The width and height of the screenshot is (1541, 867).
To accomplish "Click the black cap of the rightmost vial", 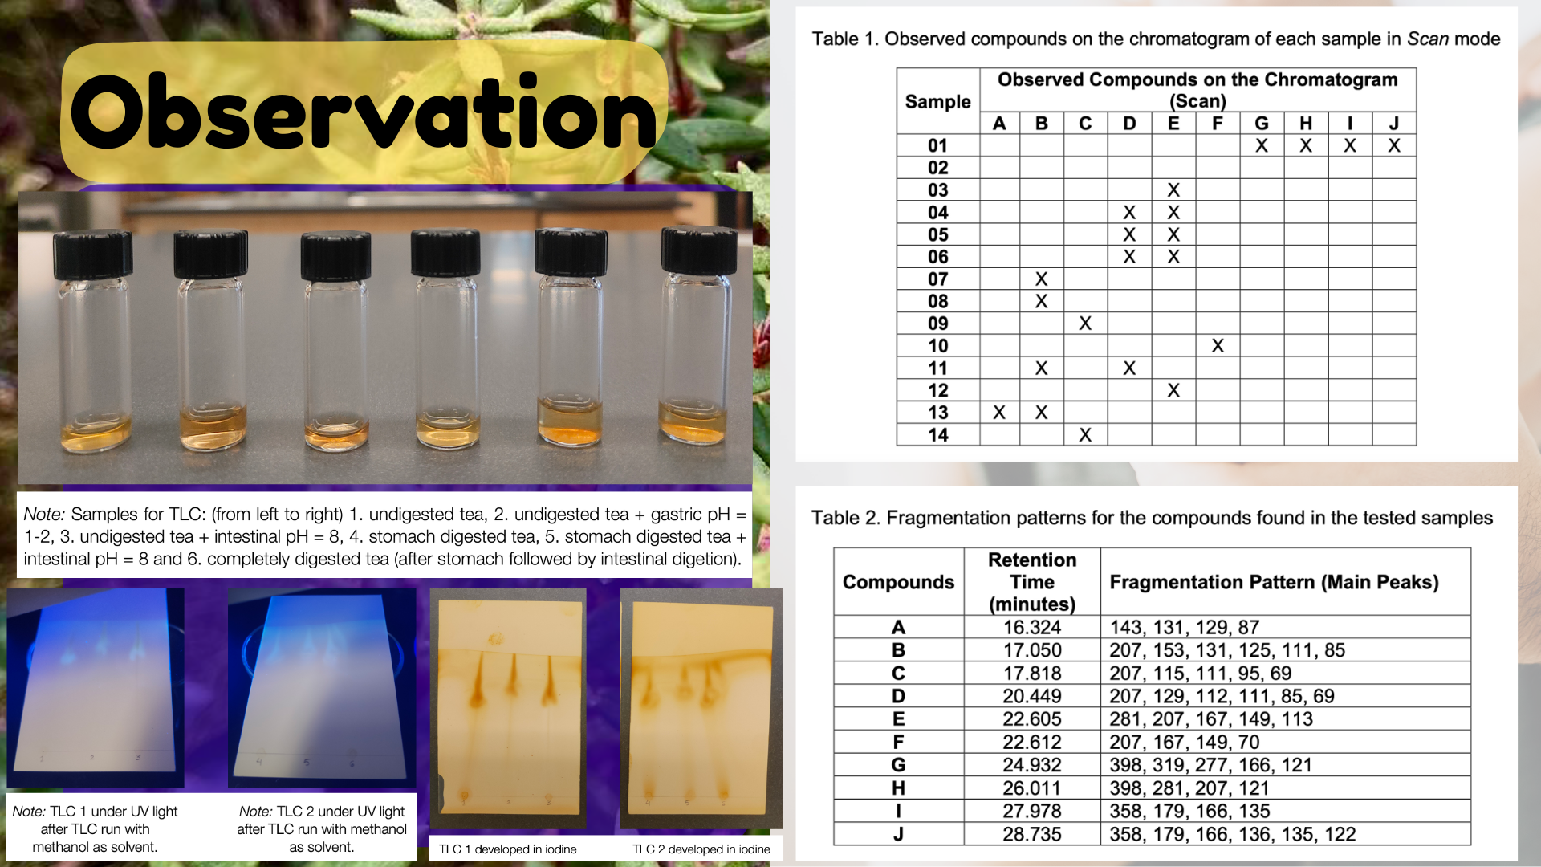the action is click(x=699, y=250).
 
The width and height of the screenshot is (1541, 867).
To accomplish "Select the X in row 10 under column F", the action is click(x=1218, y=346).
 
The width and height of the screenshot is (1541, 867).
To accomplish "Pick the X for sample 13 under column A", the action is click(x=999, y=413).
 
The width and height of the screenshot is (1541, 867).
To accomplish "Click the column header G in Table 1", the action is click(x=1262, y=124).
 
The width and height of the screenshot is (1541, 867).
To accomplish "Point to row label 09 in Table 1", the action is click(x=937, y=324).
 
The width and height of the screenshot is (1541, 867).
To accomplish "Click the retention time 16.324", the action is click(x=1032, y=627).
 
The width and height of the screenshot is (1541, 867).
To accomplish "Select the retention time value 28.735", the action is click(x=1032, y=834).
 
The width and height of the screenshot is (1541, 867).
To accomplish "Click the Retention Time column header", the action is click(x=1032, y=582).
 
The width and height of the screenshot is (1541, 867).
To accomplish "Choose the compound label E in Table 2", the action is click(x=898, y=719).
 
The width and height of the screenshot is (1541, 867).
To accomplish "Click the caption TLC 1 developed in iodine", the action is click(x=508, y=849).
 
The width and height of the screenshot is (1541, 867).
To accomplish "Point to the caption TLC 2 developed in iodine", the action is click(x=701, y=849).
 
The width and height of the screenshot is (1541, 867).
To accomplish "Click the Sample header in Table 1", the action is click(x=937, y=102).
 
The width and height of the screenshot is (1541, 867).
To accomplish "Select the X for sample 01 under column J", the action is click(x=1394, y=146).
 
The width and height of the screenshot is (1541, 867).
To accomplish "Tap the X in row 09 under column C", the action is click(x=1085, y=324).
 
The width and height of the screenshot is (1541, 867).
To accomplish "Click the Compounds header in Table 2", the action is click(x=898, y=582).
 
